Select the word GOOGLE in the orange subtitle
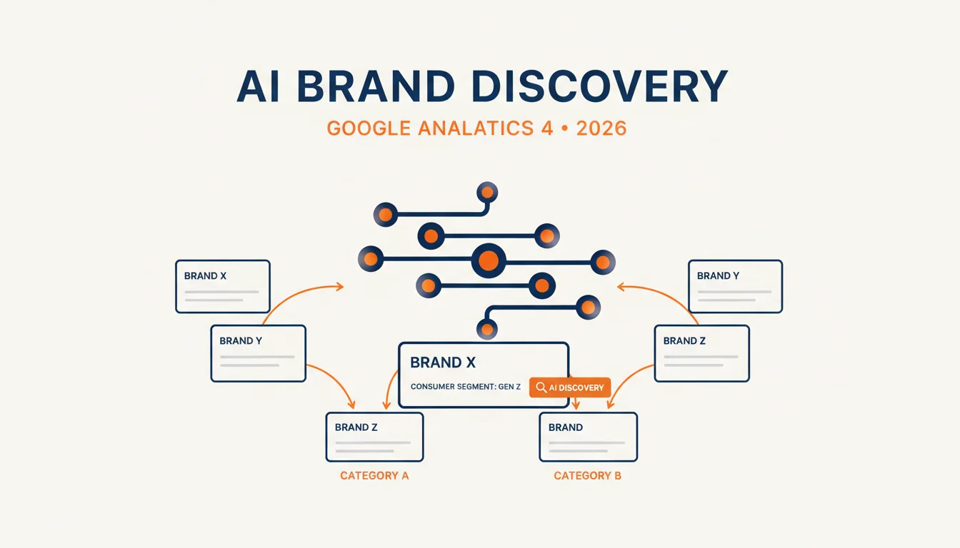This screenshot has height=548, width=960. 369,128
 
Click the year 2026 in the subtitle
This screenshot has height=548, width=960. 601,128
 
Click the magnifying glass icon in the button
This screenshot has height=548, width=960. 541,387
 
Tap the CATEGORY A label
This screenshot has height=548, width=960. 374,476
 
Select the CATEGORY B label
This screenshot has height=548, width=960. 588,476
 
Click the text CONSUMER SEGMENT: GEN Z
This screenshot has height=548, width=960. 466,387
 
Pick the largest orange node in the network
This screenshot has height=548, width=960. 488,260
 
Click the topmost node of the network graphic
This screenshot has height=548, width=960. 487,192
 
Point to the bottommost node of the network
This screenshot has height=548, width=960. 487,330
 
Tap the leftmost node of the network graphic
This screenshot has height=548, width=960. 371,258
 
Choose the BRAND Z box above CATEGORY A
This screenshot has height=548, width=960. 374,437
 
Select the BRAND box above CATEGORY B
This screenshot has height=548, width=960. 589,437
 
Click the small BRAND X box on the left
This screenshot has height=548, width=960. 223,286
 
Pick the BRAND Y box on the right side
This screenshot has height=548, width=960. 736,286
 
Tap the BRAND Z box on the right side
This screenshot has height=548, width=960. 702,353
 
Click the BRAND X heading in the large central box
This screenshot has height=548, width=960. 443,362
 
